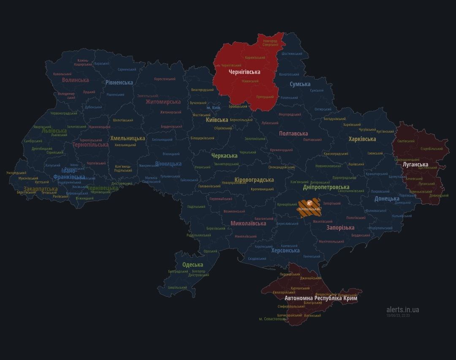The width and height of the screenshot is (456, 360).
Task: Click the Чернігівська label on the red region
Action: tap(244, 72)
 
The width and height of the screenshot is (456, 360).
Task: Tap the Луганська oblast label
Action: tap(415, 164)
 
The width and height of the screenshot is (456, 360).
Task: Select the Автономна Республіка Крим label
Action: tap(320, 298)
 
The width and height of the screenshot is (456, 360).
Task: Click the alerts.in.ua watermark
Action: tap(402, 310)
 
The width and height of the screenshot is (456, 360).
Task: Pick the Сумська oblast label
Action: tap(300, 84)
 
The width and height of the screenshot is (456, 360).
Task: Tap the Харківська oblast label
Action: tap(362, 139)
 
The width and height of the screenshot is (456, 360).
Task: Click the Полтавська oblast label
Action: tap(293, 134)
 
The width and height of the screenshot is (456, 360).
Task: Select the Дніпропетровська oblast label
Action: tap(326, 187)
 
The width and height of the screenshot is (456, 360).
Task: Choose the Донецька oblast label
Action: tap(387, 199)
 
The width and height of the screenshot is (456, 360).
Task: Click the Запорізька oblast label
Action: tap(340, 228)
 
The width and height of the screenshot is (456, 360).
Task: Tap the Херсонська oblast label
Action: tap(285, 250)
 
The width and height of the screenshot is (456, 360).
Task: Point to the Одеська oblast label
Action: tap(193, 265)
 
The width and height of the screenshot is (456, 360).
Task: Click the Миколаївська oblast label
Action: tap(248, 223)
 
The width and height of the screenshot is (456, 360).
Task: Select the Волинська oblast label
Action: tap(75, 80)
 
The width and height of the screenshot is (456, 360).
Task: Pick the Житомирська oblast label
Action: tap(163, 101)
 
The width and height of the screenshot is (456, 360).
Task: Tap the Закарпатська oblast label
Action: tap(41, 189)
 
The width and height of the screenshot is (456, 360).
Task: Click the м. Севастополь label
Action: tap(273, 319)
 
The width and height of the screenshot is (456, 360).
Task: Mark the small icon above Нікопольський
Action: tap(310, 202)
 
